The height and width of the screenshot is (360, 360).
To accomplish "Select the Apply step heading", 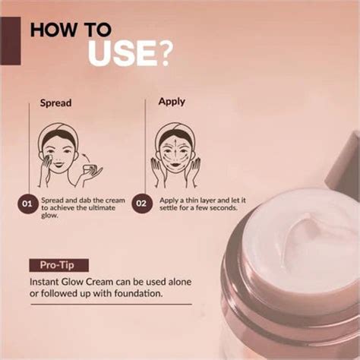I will [172, 101].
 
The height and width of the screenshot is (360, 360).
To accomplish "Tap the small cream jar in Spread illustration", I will [90, 168].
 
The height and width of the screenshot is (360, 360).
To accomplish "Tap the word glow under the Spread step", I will [51, 215].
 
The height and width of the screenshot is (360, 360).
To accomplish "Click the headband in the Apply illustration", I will [174, 128].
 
